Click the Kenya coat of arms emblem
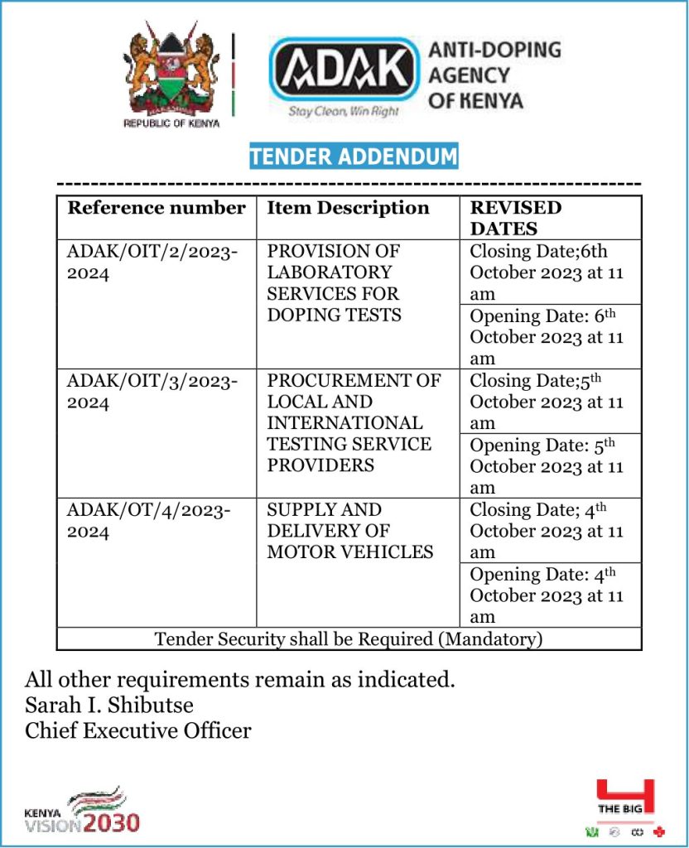171,76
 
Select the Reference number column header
157,208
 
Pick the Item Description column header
348,208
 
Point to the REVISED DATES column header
516,218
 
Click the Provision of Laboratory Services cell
334,282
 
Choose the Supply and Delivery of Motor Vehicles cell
349,531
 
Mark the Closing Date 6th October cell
547,272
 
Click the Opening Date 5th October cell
547,466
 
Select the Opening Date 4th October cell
547,595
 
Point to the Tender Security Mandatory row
349,638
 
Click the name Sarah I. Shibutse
109,706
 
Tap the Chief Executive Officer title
138,730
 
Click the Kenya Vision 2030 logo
82,810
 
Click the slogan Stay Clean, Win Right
343,111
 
